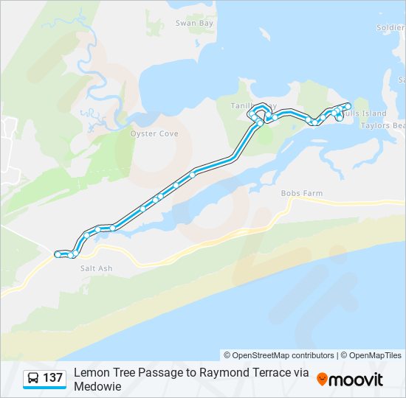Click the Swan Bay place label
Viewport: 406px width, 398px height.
194,24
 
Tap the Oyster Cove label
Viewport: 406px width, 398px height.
154,134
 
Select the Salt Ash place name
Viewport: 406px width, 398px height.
96,268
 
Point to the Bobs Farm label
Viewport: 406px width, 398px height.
302,193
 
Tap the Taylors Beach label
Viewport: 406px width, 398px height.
382,125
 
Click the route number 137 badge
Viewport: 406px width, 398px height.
52,378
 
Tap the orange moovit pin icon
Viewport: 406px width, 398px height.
322,379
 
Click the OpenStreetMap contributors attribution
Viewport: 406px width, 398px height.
279,355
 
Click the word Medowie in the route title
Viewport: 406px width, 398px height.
97,385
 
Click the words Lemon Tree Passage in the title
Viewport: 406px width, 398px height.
126,372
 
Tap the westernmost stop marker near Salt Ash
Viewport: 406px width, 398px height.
58,254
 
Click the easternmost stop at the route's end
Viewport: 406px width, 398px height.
347,105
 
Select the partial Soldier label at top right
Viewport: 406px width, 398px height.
390,28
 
